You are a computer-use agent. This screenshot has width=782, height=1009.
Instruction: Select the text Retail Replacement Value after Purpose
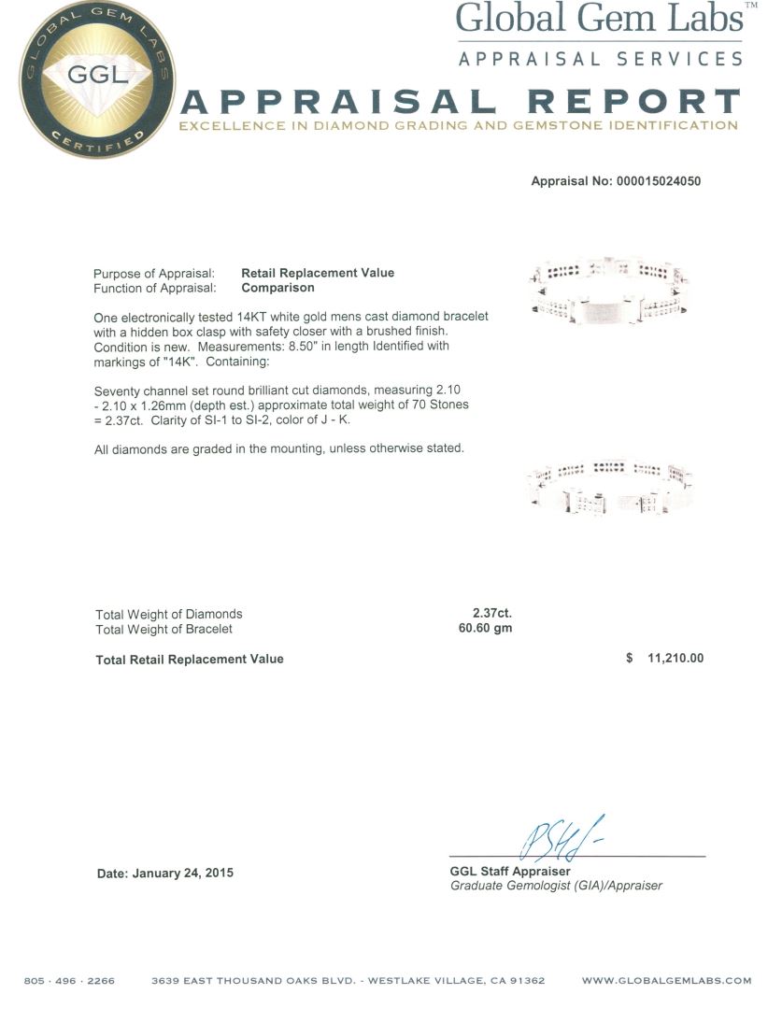click(x=318, y=273)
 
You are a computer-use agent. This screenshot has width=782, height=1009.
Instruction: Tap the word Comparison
click(x=277, y=288)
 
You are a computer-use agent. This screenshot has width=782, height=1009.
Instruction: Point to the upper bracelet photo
click(x=608, y=290)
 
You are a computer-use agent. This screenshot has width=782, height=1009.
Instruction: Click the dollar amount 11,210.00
click(x=675, y=659)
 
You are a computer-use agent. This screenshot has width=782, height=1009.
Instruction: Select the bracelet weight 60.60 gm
click(x=484, y=629)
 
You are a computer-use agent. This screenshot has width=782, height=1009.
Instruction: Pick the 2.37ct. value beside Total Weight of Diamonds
click(x=491, y=614)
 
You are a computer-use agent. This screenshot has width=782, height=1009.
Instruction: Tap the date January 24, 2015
click(x=165, y=874)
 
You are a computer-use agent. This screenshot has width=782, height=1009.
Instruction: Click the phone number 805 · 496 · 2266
click(x=69, y=981)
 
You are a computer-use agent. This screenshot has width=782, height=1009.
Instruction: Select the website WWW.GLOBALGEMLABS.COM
click(x=666, y=981)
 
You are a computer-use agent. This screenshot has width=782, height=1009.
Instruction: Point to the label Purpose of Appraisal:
click(x=154, y=273)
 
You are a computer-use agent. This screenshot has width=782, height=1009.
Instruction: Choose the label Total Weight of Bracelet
click(x=164, y=629)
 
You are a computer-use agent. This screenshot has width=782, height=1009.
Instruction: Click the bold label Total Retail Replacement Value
click(x=190, y=659)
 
